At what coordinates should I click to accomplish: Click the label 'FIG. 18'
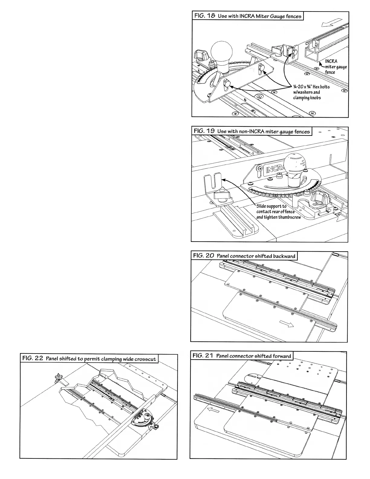pos(204,16)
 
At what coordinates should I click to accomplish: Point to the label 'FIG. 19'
pos(203,131)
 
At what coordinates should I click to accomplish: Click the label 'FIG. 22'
pos(32,358)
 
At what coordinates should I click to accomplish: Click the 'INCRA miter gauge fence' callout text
pos(336,67)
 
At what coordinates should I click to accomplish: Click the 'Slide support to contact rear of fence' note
pos(276,212)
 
